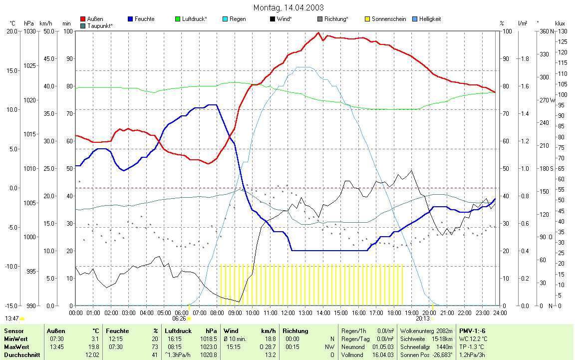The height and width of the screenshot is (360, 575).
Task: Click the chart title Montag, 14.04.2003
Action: (288, 7)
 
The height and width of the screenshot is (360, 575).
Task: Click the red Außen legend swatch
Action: (83, 19)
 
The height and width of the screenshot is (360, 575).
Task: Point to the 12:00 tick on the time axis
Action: (287, 313)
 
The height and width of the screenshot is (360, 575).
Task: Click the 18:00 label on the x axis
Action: (394, 313)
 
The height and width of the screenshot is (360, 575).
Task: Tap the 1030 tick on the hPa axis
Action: (29, 31)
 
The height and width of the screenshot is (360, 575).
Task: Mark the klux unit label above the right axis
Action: (560, 23)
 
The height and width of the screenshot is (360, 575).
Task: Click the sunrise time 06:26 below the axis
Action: (179, 318)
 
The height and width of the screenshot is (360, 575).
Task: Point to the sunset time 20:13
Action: (422, 318)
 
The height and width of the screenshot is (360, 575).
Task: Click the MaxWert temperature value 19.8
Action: (93, 347)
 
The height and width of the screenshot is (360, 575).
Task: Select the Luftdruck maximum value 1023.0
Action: (210, 347)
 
